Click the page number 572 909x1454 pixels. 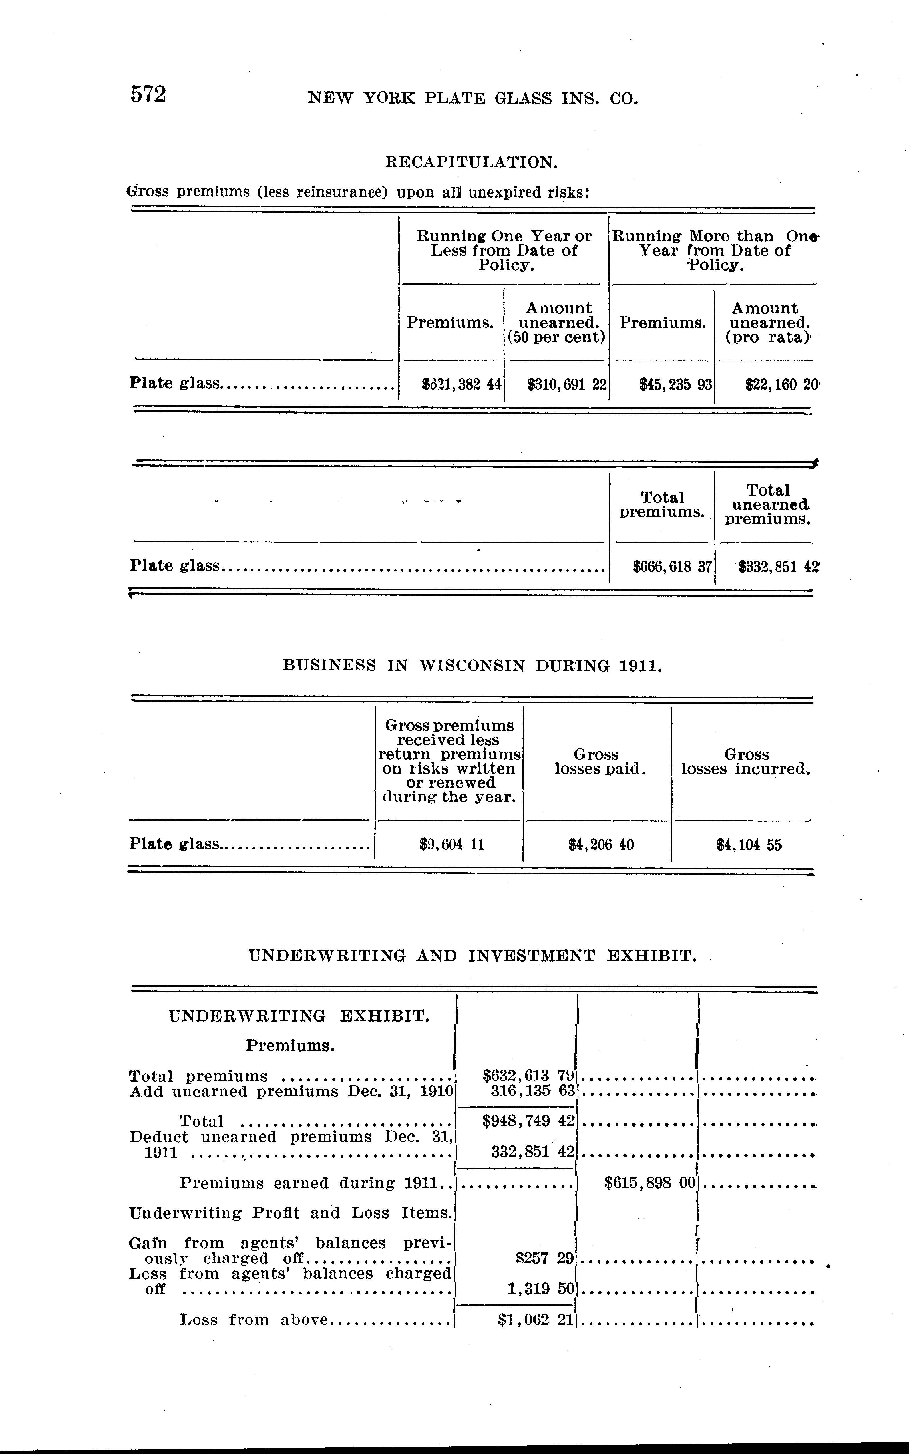(148, 95)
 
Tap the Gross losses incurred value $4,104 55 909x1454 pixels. (749, 845)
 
